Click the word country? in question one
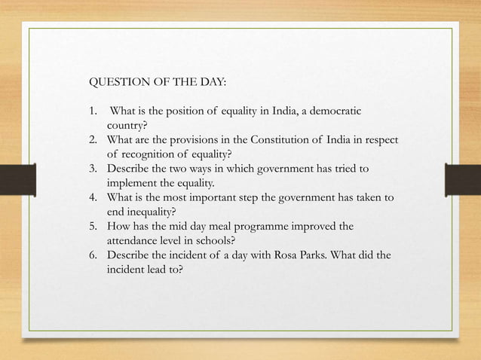click(126, 126)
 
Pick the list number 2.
click(93, 140)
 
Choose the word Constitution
click(286, 140)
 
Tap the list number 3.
click(93, 169)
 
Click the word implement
click(133, 183)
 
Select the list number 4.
click(93, 197)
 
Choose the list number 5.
click(93, 226)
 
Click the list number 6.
click(93, 255)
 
